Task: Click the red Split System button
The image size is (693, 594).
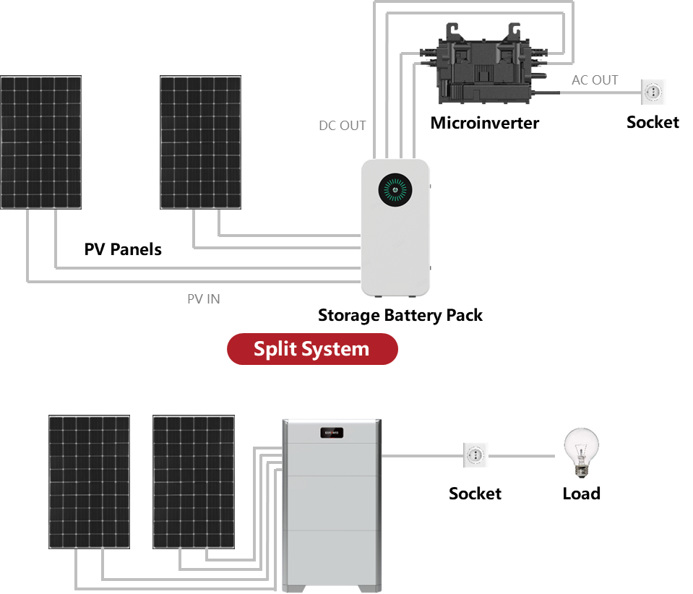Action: [312, 349]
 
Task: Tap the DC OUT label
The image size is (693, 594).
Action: [343, 126]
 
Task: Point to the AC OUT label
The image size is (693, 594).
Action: [595, 80]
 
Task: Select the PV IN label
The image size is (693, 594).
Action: [204, 298]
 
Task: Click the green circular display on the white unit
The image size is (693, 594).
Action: [394, 190]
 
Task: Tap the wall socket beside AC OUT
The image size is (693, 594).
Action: [653, 92]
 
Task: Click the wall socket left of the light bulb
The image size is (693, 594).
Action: [475, 455]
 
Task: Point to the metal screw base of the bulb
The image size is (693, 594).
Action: [580, 470]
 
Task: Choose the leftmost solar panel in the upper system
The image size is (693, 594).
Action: [40, 142]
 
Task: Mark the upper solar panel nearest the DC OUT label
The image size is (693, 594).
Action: [201, 142]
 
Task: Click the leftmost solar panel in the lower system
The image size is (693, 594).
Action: [90, 481]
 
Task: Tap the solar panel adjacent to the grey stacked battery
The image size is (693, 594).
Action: [194, 481]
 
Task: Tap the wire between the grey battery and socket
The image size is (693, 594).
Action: [422, 456]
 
